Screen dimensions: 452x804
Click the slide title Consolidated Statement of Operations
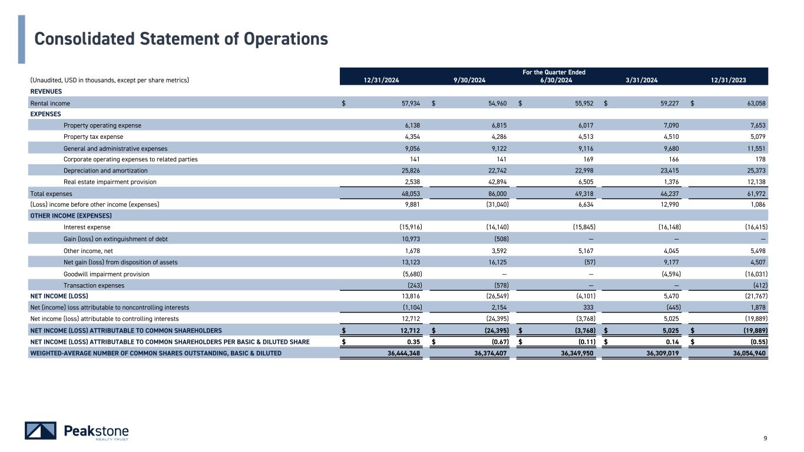(x=181, y=39)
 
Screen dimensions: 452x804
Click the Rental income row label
(x=50, y=103)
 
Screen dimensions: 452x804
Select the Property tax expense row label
(x=93, y=137)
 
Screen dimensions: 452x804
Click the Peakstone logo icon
(x=41, y=431)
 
